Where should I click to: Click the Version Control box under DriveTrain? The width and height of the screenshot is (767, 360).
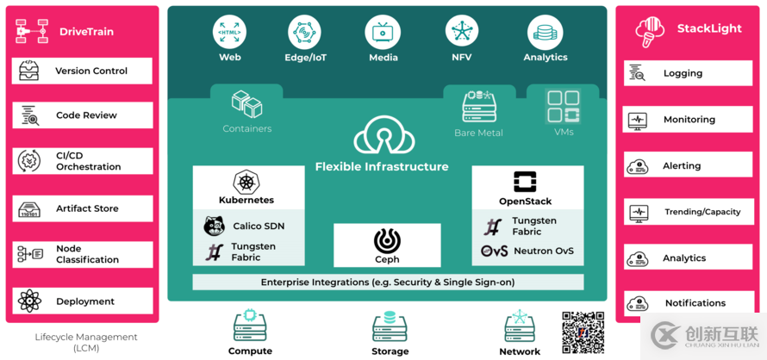pyautogui.click(x=82, y=71)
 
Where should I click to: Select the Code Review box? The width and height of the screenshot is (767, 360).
pyautogui.click(x=82, y=115)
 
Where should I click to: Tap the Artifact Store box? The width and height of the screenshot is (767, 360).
pyautogui.click(x=82, y=208)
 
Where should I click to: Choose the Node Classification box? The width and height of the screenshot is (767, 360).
pyautogui.click(x=82, y=254)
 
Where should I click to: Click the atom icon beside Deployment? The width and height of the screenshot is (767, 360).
pyautogui.click(x=29, y=301)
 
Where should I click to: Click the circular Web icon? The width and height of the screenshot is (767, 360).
pyautogui.click(x=229, y=32)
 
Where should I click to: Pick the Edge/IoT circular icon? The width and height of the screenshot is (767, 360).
pyautogui.click(x=304, y=33)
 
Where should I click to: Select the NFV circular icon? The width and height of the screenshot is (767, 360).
pyautogui.click(x=462, y=32)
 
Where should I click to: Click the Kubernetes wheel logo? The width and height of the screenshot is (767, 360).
pyautogui.click(x=246, y=182)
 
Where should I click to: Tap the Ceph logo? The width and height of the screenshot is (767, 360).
pyautogui.click(x=387, y=240)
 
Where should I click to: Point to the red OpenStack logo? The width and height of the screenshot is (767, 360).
pyautogui.click(x=525, y=182)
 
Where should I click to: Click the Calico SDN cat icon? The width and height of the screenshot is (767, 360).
pyautogui.click(x=214, y=227)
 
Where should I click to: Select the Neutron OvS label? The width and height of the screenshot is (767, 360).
pyautogui.click(x=543, y=251)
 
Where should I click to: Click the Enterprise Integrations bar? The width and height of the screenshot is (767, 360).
pyautogui.click(x=387, y=282)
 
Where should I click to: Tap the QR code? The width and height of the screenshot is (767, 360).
pyautogui.click(x=583, y=332)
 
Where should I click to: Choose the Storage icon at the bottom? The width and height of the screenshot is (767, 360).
pyautogui.click(x=390, y=327)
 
